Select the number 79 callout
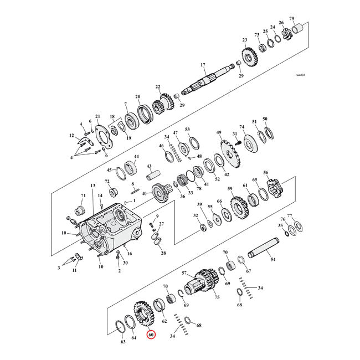(307, 18)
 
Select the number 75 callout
(217, 297)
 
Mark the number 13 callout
(93, 185)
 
